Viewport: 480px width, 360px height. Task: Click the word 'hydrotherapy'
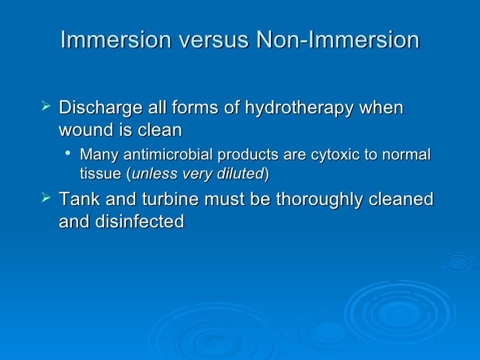tap(299, 107)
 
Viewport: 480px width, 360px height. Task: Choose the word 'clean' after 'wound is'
tap(159, 130)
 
